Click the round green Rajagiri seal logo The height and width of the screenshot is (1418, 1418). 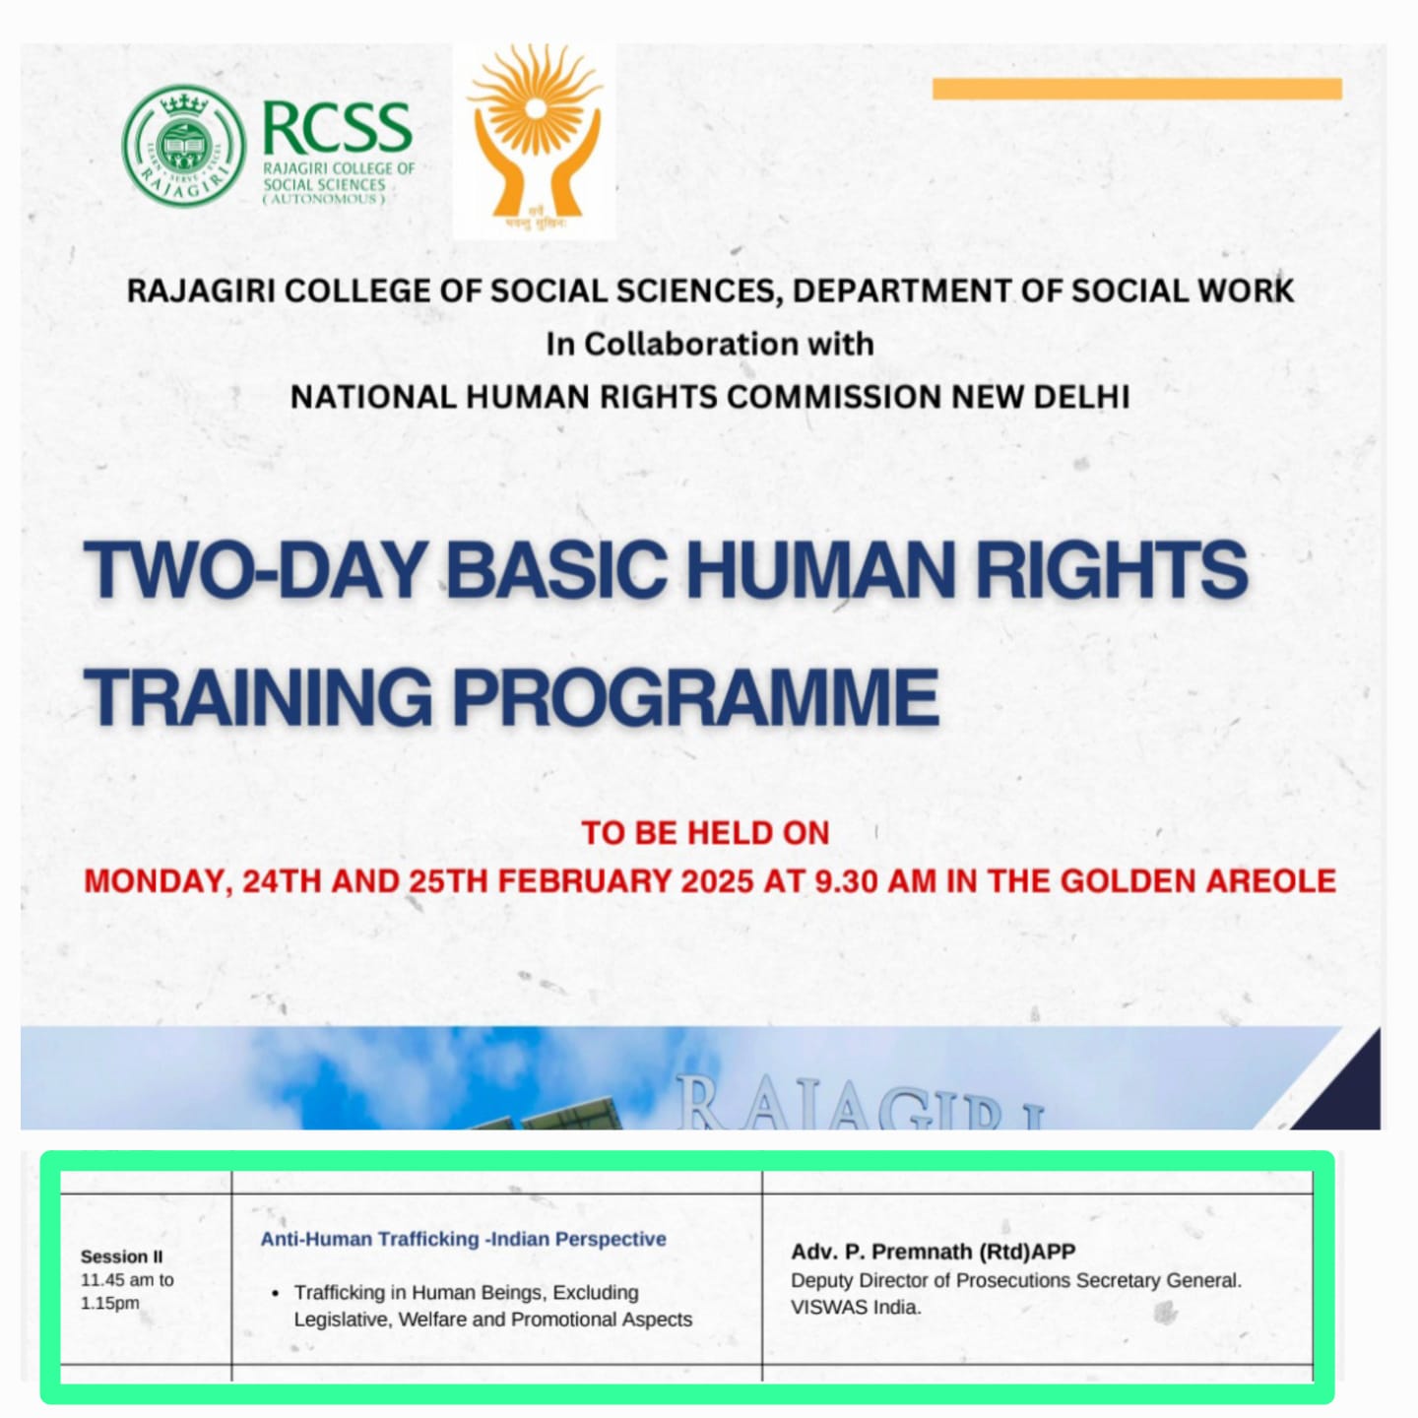click(184, 146)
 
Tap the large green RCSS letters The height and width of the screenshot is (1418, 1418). click(337, 128)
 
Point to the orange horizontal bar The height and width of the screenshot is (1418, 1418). click(1137, 89)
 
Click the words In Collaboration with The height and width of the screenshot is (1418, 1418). click(709, 344)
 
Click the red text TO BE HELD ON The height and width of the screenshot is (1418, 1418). click(706, 833)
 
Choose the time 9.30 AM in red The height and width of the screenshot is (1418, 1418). click(875, 880)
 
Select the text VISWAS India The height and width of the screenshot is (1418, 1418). click(856, 1308)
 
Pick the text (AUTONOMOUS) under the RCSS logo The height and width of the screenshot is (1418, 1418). click(324, 200)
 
